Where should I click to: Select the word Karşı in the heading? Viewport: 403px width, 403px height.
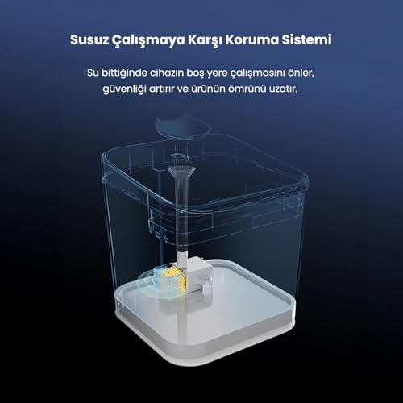point(205,40)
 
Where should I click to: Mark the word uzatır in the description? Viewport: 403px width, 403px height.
point(283,89)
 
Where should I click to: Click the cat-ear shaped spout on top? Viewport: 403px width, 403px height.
point(183,126)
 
